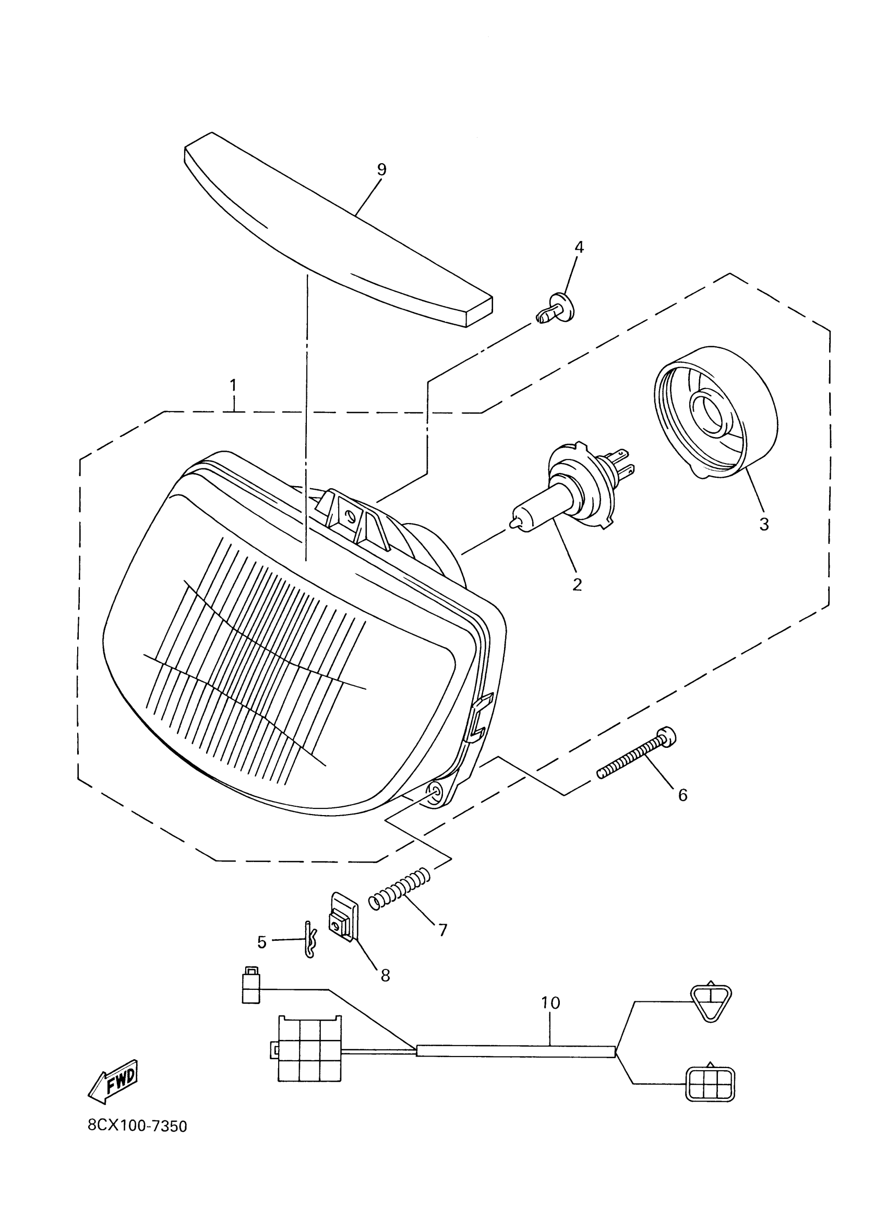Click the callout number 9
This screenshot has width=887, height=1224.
pyautogui.click(x=382, y=170)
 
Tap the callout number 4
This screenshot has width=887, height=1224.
pyautogui.click(x=579, y=248)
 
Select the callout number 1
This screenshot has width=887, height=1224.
pyautogui.click(x=233, y=385)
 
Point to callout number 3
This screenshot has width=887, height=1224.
pyautogui.click(x=764, y=524)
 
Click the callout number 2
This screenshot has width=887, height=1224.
pyautogui.click(x=577, y=584)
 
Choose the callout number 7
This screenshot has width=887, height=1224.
pyautogui.click(x=442, y=930)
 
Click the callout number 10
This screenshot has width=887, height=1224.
pyautogui.click(x=550, y=1003)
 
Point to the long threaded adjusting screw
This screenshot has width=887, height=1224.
pyautogui.click(x=637, y=755)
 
